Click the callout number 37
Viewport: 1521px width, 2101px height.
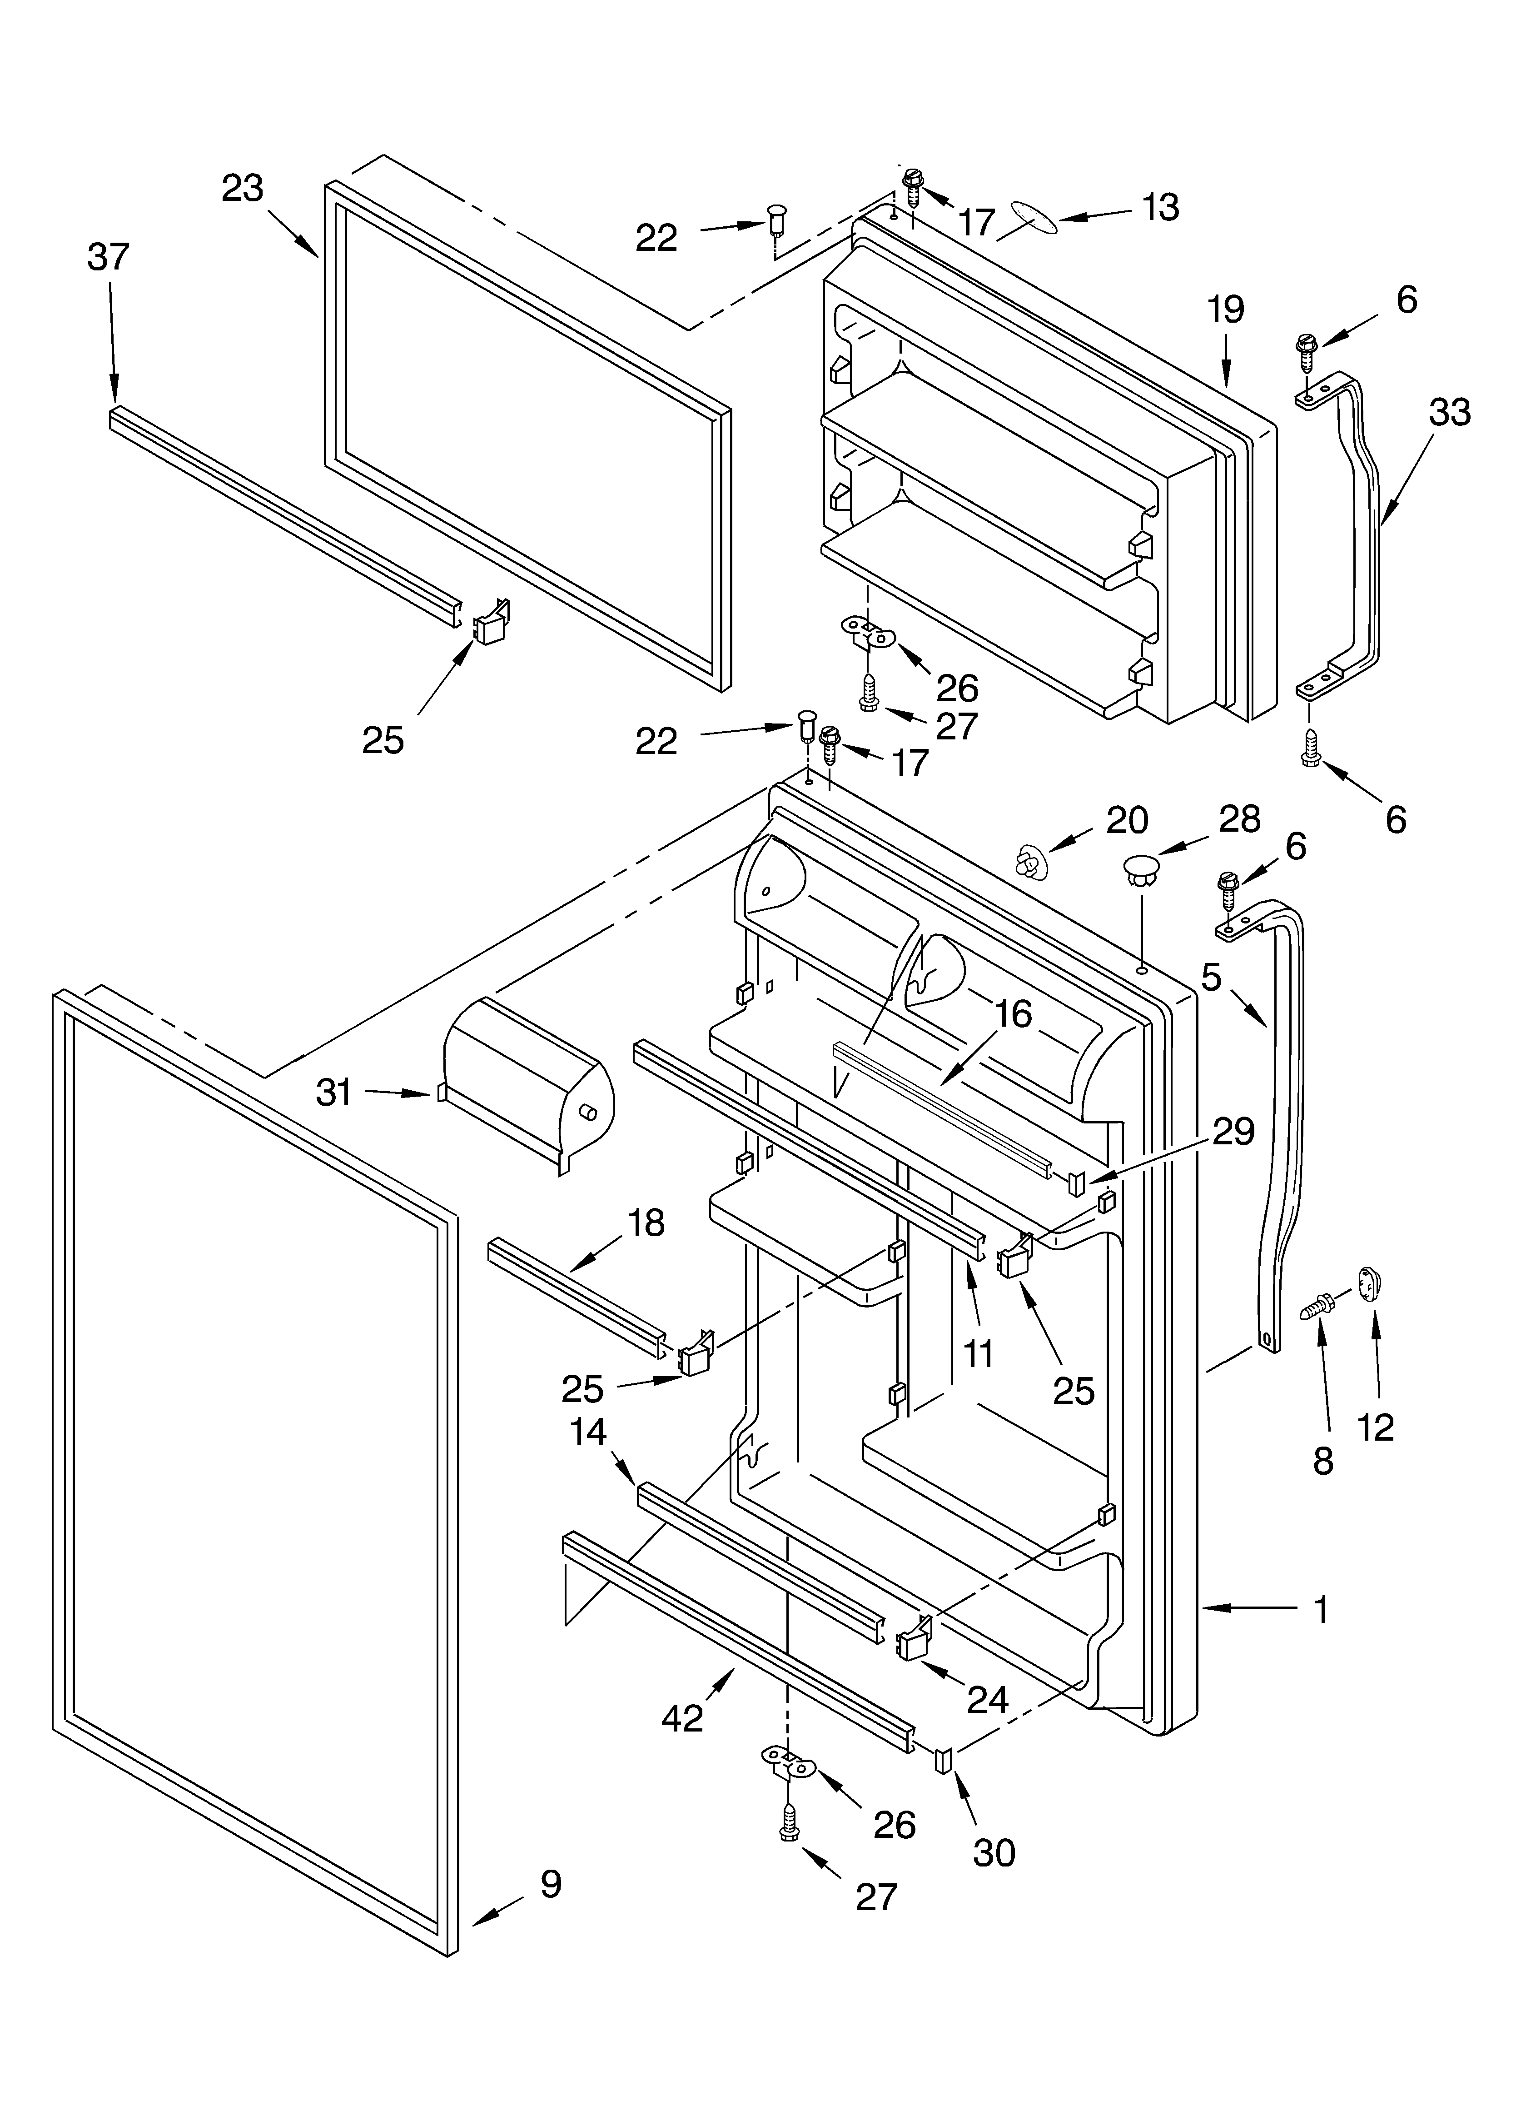tap(109, 257)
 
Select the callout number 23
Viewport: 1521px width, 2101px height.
tap(243, 189)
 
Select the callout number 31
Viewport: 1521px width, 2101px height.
tap(334, 1093)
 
